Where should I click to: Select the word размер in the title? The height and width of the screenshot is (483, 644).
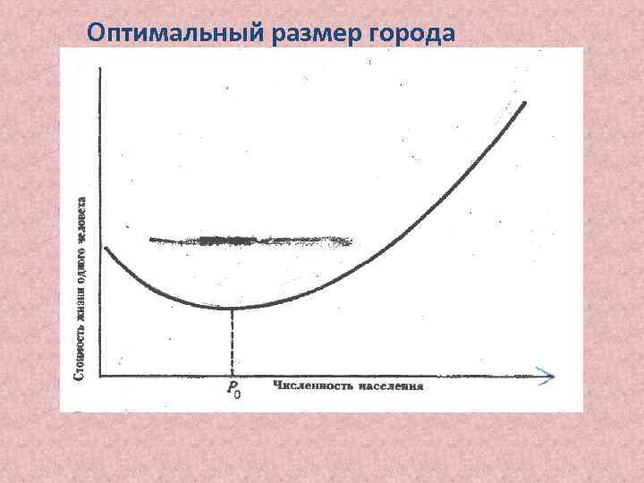tap(309, 34)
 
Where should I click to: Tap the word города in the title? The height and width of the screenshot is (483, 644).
tap(413, 34)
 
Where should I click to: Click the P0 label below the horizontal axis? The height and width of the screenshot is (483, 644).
tap(233, 388)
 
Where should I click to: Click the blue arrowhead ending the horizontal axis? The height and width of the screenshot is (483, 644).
tap(546, 376)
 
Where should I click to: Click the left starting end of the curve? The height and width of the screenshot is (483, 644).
tap(106, 247)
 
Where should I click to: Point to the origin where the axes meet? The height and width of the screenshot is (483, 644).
tap(100, 376)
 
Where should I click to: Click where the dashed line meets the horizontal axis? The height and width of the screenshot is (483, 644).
tap(233, 376)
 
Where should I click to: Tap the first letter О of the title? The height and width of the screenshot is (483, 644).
tap(96, 34)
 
